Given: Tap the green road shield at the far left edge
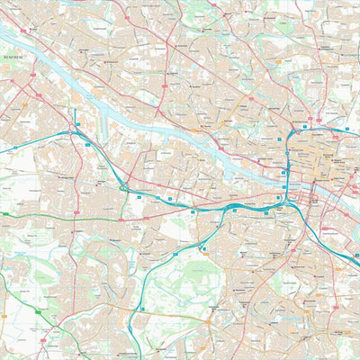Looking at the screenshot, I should (x=4, y=213).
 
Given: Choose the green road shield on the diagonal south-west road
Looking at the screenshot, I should (x=37, y=310).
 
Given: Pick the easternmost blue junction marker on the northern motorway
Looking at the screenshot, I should (x=346, y=130).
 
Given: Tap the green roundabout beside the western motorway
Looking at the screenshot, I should (x=123, y=187).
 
